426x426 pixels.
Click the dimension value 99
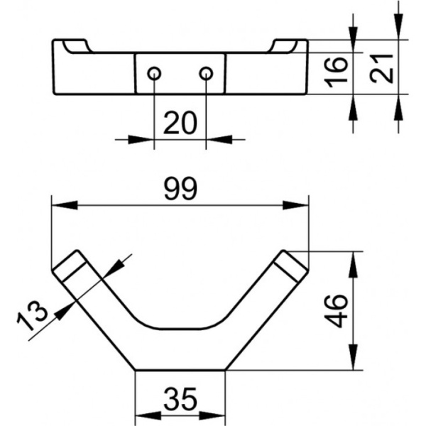click(x=180, y=188)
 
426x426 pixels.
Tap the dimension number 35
click(x=180, y=399)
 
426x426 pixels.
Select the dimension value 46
click(x=337, y=310)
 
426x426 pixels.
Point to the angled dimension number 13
click(x=32, y=316)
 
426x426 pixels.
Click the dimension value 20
click(x=180, y=123)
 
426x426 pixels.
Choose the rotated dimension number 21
click(x=382, y=68)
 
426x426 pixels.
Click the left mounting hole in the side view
click(x=154, y=73)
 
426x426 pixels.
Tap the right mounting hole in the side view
click(x=206, y=73)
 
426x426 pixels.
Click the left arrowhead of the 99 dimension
click(x=65, y=205)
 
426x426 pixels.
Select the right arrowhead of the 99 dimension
click(x=295, y=205)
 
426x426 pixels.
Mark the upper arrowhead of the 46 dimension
click(x=353, y=265)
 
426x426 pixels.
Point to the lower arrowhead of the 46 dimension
click(x=353, y=356)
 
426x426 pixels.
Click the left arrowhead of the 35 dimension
click(x=148, y=416)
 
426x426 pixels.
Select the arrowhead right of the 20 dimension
click(x=219, y=140)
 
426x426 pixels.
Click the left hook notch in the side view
click(x=77, y=48)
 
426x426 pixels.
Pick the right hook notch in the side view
click(x=283, y=47)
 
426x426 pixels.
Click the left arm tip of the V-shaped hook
click(x=69, y=266)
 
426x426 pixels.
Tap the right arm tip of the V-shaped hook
click(x=291, y=266)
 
